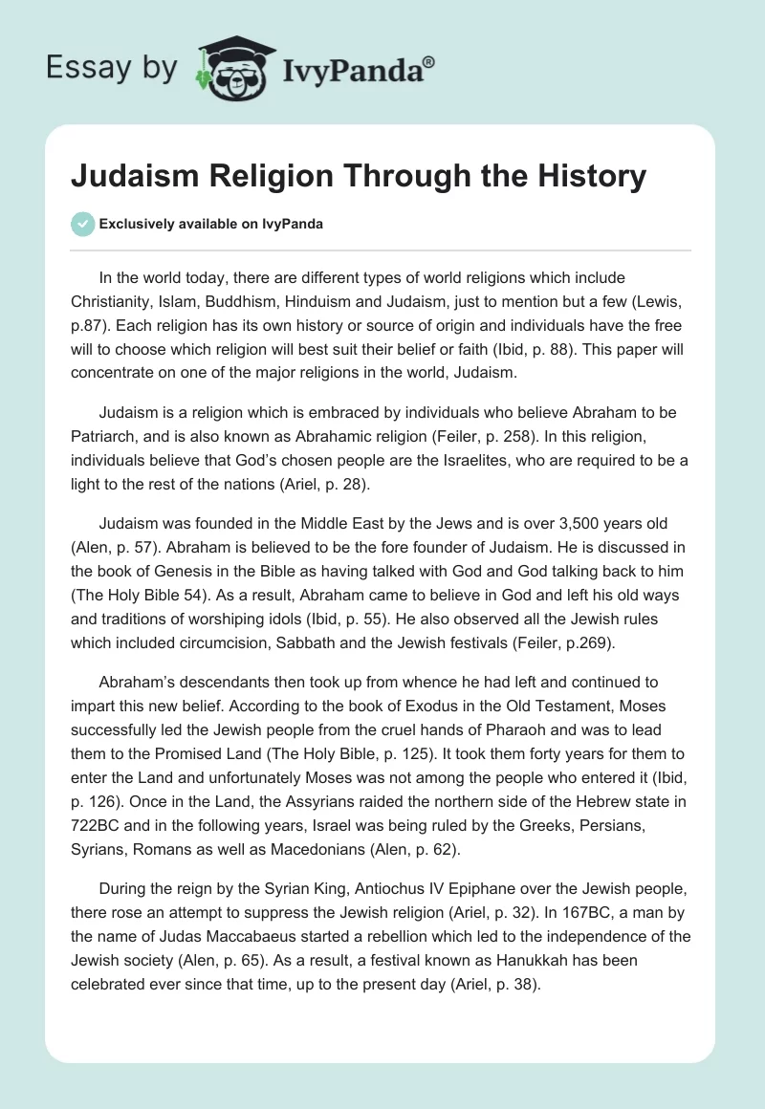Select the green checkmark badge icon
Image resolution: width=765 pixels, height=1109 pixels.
[82, 224]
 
